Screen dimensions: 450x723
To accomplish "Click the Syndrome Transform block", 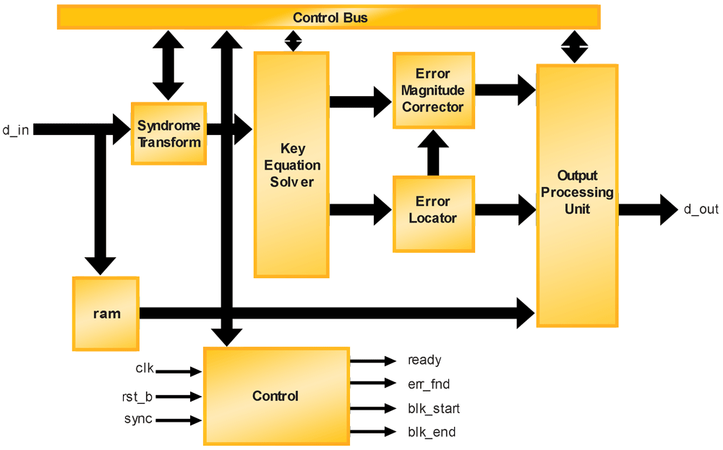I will click(168, 134).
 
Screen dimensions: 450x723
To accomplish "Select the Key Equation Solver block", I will click(291, 165).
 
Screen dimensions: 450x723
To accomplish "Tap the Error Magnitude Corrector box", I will click(433, 90).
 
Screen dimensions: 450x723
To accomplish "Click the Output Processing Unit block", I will click(577, 195).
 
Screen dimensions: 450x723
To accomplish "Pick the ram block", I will click(106, 313).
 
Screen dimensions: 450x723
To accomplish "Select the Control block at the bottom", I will click(275, 396).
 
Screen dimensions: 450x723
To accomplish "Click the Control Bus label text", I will click(330, 17).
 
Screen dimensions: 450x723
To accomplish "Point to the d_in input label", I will click(16, 130).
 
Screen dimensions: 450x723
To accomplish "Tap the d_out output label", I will click(701, 210).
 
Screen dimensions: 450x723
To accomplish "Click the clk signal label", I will click(145, 368).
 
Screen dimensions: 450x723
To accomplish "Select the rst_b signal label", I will click(137, 396).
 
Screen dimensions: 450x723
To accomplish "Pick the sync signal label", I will click(138, 419).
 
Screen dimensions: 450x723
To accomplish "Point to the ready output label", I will click(424, 360).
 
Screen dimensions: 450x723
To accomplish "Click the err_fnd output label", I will click(429, 384).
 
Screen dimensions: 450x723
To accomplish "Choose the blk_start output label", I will click(434, 409).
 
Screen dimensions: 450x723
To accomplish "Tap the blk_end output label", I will click(432, 433).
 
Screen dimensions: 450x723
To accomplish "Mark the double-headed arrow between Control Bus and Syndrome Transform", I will click(168, 65).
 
